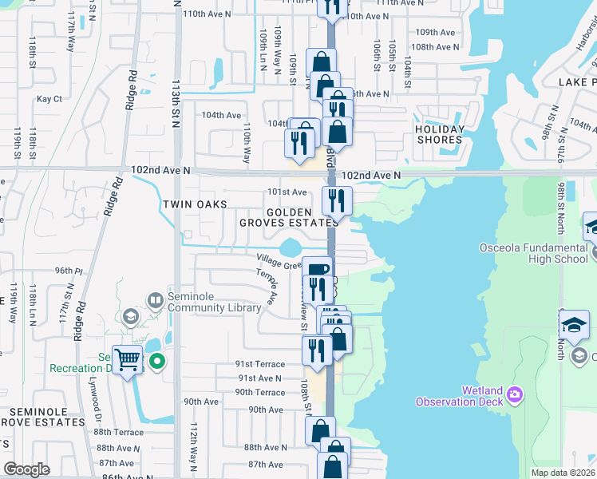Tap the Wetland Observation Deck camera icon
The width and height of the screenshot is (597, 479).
[x=516, y=394]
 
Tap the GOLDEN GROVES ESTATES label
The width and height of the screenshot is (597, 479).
[x=285, y=217]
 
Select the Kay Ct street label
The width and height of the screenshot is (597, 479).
[x=49, y=99]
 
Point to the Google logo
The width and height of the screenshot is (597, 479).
[x=27, y=469]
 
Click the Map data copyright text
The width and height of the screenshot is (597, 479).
[x=563, y=473]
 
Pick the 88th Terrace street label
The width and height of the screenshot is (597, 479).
[x=117, y=432]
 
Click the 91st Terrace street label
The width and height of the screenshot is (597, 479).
[x=259, y=363]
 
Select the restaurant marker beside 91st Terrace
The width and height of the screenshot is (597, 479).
[x=317, y=350]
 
